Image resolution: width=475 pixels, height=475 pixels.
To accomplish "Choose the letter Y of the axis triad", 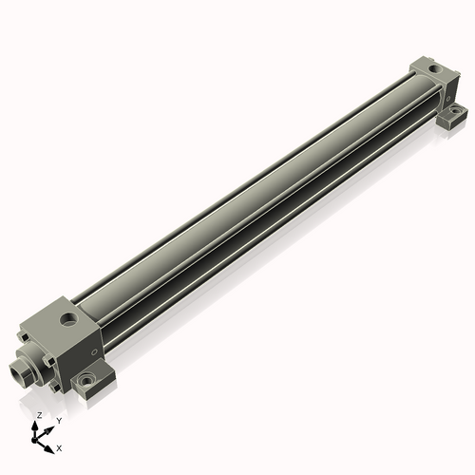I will point(59,420).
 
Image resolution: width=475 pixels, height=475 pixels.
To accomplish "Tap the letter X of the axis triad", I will point(60,446).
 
